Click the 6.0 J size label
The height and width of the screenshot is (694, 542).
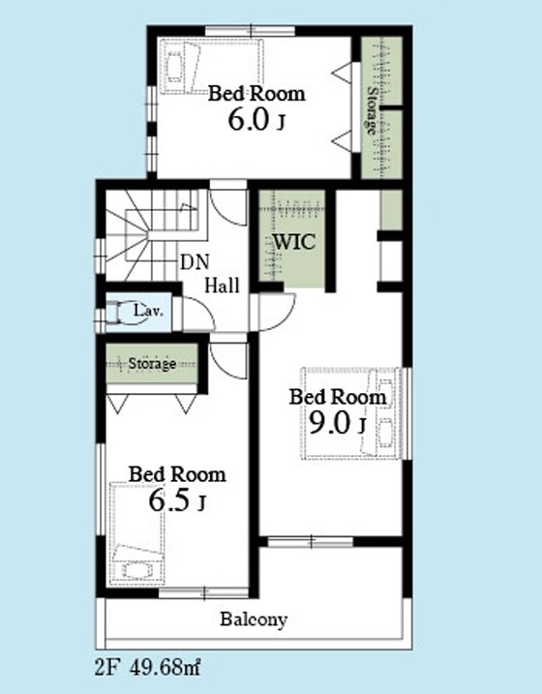tap(256, 120)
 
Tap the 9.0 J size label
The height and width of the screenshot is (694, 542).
tap(337, 423)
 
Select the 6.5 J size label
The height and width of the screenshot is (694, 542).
tap(177, 501)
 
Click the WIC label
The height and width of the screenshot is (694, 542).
tap(294, 242)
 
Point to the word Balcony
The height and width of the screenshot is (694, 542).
tap(254, 619)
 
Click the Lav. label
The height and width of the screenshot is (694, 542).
tap(148, 311)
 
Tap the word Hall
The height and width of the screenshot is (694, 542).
tap(222, 285)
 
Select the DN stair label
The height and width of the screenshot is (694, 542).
tap(195, 262)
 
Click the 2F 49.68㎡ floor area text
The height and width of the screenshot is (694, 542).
tap(148, 667)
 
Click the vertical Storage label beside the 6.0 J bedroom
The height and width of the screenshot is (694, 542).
tap(372, 110)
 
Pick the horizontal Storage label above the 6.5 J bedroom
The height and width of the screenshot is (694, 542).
tap(152, 363)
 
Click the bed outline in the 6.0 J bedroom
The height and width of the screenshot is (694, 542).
tap(212, 67)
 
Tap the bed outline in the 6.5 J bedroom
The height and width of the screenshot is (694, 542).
tap(136, 533)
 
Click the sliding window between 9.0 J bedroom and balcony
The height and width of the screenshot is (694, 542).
tap(311, 541)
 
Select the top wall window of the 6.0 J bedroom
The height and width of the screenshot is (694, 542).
tap(251, 31)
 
